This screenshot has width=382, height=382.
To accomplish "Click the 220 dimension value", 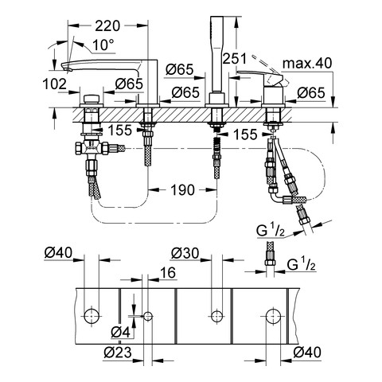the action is pyautogui.click(x=107, y=26).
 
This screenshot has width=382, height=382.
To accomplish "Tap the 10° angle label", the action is pyautogui.click(x=103, y=45).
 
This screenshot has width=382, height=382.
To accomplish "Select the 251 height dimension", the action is pyautogui.click(x=235, y=59).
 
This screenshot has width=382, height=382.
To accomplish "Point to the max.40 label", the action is pyautogui.click(x=307, y=64).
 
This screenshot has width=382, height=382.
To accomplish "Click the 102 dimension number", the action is pyautogui.click(x=55, y=84).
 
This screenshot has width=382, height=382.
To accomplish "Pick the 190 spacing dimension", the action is pyautogui.click(x=182, y=190).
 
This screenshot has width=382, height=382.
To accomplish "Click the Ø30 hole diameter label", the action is pyautogui.click(x=185, y=253).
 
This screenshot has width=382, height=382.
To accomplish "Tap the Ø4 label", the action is pyautogui.click(x=121, y=332).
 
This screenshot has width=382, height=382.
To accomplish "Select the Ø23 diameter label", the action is pyautogui.click(x=118, y=353).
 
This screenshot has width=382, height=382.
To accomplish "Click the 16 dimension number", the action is pyautogui.click(x=168, y=272).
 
